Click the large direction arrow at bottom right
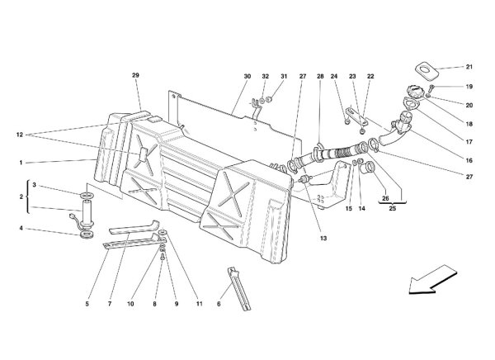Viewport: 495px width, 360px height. pos(432,280)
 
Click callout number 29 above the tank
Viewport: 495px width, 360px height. pos(135,75)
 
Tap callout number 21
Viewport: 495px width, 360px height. pos(469,67)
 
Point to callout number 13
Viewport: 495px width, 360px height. pos(323,239)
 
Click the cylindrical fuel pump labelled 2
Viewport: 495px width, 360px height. pos(86,214)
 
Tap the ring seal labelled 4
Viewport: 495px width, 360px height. pos(86,235)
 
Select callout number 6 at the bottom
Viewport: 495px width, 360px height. pos(219,304)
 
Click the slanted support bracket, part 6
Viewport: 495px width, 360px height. pos(239,289)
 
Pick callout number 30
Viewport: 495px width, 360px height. pos(247,76)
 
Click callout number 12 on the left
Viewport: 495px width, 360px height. pos(20,135)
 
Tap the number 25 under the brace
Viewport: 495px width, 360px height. pos(393,209)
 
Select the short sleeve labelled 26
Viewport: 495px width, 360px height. pos(368,168)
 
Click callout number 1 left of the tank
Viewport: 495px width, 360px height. pos(21,163)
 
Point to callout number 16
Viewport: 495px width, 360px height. pos(469,160)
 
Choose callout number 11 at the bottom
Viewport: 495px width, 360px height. pos(199,304)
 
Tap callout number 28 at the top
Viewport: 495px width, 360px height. pos(320,76)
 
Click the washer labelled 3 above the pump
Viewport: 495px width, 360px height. pos(86,194)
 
